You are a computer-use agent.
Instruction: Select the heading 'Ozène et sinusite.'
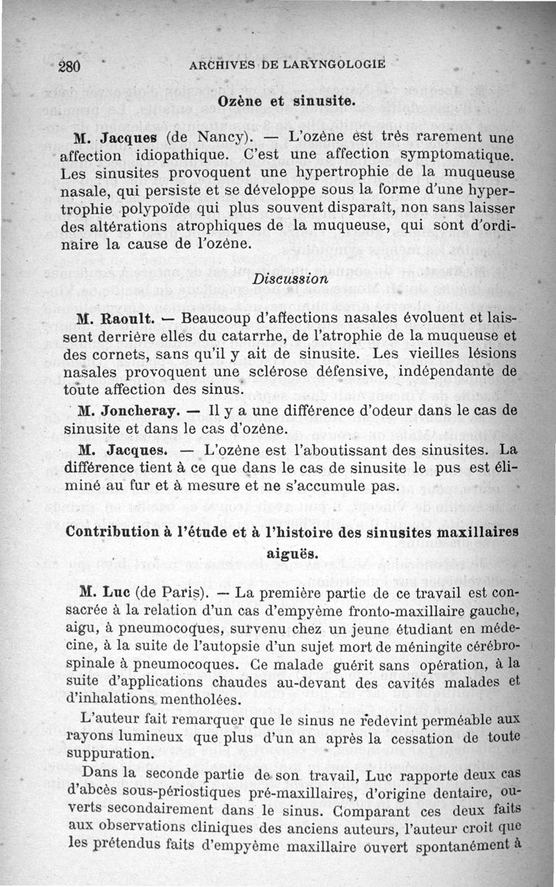(287, 100)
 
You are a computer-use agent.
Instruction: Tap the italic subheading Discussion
(290, 280)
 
